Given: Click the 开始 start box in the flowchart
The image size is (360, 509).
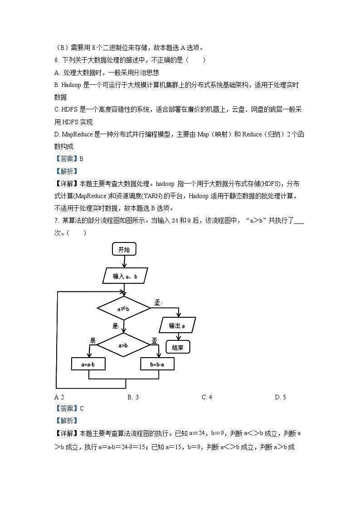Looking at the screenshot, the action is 124,249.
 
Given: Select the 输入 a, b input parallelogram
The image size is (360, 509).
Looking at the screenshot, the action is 124,276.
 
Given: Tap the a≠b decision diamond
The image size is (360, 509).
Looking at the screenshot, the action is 123,309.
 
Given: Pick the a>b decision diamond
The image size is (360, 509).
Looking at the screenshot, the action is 123,345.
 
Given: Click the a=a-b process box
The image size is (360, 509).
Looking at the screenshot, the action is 88,364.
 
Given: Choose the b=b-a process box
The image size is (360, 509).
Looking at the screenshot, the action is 158,364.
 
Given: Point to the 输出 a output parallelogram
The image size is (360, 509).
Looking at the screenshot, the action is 178,325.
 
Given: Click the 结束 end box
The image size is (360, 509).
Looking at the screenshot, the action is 178,347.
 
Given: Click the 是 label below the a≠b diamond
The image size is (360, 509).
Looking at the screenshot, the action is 115,326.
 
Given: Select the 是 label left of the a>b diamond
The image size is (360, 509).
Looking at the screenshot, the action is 93,340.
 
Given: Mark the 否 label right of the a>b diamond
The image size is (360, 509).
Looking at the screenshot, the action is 154,340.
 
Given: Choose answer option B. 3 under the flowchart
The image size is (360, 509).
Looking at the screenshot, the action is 133,397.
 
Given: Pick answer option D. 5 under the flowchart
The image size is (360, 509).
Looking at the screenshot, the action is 280,397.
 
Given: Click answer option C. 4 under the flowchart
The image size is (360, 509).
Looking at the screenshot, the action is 207,397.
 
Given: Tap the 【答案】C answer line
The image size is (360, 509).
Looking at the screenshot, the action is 69,408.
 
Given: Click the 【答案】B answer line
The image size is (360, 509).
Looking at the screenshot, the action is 69,159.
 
